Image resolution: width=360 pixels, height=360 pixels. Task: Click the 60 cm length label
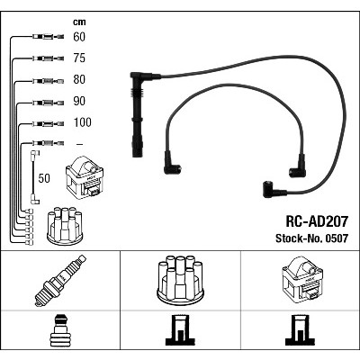point(79,37)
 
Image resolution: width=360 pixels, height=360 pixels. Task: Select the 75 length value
point(79,58)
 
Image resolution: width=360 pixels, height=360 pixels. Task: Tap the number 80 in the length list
point(79,79)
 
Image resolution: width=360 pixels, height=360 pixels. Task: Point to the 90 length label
point(79,101)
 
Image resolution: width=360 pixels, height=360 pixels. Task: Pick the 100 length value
point(82,122)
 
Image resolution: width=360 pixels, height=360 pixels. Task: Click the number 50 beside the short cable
point(44,178)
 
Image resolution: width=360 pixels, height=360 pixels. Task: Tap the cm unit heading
point(79,22)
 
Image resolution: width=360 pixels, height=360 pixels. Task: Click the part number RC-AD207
point(317,221)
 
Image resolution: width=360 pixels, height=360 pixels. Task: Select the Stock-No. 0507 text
point(311,238)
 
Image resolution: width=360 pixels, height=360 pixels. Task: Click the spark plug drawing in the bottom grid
point(60,281)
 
